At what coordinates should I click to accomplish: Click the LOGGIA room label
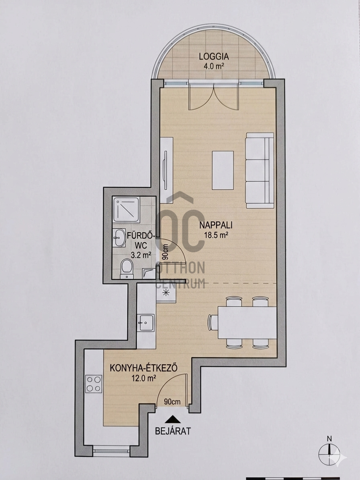point(214,57)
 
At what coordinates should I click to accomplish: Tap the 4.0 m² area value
point(214,66)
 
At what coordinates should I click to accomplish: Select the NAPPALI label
point(216,225)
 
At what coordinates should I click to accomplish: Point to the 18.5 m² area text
point(216,235)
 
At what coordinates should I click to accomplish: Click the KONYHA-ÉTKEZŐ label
point(143,368)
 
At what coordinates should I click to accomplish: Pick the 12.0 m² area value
point(143,378)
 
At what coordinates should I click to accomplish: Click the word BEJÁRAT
point(173,431)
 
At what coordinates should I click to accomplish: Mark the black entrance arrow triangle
point(173,419)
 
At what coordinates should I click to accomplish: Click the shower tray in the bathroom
point(126,210)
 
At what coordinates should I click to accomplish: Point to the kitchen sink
point(146,323)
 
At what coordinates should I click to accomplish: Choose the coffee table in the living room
point(223,170)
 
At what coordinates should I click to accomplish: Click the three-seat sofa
point(260,170)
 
